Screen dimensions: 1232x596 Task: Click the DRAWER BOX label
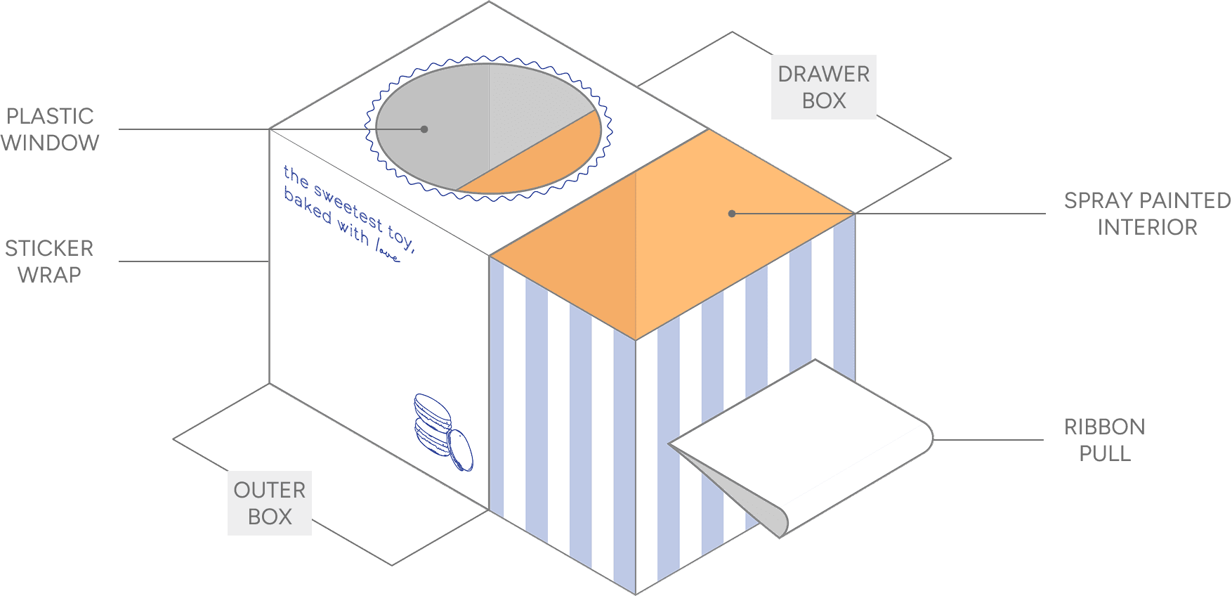[x=823, y=87]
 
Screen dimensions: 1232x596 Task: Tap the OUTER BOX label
[x=270, y=503]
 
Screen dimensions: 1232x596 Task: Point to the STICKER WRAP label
[x=49, y=261]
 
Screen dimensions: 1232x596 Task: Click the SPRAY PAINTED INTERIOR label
[x=1147, y=214]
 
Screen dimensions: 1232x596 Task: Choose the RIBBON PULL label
[x=1104, y=440]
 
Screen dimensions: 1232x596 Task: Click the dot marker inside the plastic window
[x=424, y=129]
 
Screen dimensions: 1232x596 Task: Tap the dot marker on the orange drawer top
[x=732, y=214]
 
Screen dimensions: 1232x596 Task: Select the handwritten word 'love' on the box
[x=388, y=251]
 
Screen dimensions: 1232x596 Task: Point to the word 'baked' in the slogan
[x=307, y=206]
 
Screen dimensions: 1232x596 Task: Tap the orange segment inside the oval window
[x=534, y=165]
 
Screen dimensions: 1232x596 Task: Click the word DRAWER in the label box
[x=823, y=74]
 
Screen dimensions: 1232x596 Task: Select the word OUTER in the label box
[x=270, y=490]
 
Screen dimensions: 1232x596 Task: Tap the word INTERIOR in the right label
[x=1147, y=227]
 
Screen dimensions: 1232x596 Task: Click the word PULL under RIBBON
[x=1104, y=453]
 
